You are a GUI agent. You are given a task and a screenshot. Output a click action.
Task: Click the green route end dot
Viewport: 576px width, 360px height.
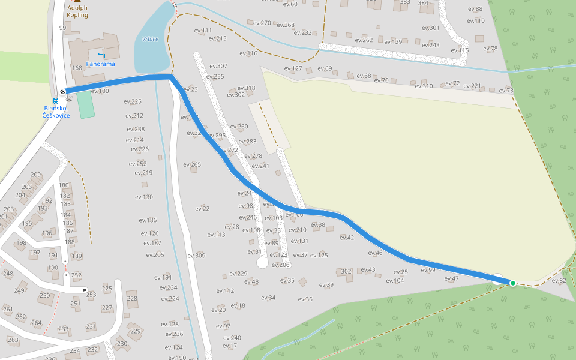tap(512, 283)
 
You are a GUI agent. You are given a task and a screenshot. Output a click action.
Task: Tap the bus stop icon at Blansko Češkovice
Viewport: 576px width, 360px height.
tap(55, 101)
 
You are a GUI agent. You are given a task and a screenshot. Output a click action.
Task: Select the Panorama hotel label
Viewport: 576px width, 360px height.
tap(100, 64)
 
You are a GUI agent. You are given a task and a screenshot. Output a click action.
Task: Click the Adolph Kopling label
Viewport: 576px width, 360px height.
tap(77, 11)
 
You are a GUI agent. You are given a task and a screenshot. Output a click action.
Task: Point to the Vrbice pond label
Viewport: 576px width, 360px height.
tap(150, 39)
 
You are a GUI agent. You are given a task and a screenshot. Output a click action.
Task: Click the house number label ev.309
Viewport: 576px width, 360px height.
tap(196, 256)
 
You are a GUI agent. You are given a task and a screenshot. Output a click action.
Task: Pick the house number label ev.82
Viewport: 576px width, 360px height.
tap(559, 280)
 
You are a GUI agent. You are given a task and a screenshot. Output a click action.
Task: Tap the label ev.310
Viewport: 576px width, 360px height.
tap(424, 86)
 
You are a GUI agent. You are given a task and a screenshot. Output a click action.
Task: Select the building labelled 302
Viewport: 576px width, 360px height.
tap(346, 272)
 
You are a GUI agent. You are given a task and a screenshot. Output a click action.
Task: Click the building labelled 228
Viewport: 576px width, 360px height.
tap(132, 298)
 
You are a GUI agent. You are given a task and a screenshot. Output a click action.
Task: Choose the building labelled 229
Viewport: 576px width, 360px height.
tap(136, 331)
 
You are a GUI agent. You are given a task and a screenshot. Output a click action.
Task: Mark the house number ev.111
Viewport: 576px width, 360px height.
tap(203, 31)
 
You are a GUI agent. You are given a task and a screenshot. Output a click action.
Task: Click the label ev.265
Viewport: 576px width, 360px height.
tap(191, 164)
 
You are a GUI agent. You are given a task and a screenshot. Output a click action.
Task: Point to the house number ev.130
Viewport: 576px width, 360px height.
tap(144, 197)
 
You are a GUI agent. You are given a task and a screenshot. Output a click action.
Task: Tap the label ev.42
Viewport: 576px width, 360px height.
tap(347, 238)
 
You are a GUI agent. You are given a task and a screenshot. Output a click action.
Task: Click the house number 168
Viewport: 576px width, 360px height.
tap(77, 68)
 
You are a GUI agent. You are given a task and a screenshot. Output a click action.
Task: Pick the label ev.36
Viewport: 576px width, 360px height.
tap(305, 299)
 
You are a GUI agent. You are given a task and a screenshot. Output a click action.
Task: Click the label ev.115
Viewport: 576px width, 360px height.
tap(460, 50)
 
